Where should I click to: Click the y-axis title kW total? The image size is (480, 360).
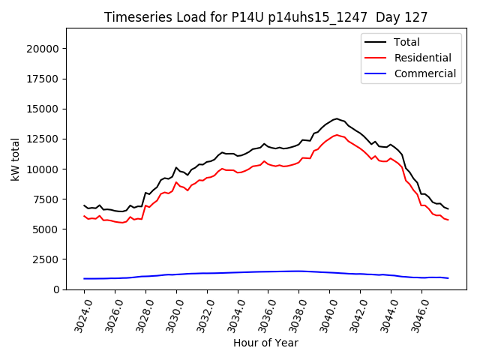(15, 159)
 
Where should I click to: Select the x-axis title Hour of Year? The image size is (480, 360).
(265, 343)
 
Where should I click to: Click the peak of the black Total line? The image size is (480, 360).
(337, 118)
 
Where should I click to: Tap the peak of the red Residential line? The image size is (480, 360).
(337, 135)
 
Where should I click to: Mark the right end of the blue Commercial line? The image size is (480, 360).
(448, 278)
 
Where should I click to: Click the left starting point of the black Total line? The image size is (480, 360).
(84, 205)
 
